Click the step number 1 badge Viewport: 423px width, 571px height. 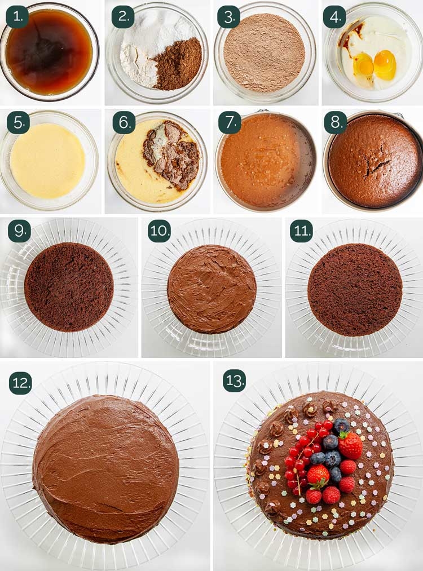[x=17, y=17]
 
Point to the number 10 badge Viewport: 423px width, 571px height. [x=159, y=231]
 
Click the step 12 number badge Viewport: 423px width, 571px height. [x=20, y=383]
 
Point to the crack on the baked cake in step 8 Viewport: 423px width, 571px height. [x=379, y=164]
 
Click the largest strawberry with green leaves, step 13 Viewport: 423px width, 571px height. [x=351, y=445]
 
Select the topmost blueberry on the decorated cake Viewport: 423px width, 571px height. [x=341, y=425]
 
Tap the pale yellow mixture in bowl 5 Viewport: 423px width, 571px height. [x=47, y=160]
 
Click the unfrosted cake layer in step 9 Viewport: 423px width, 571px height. [x=69, y=286]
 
